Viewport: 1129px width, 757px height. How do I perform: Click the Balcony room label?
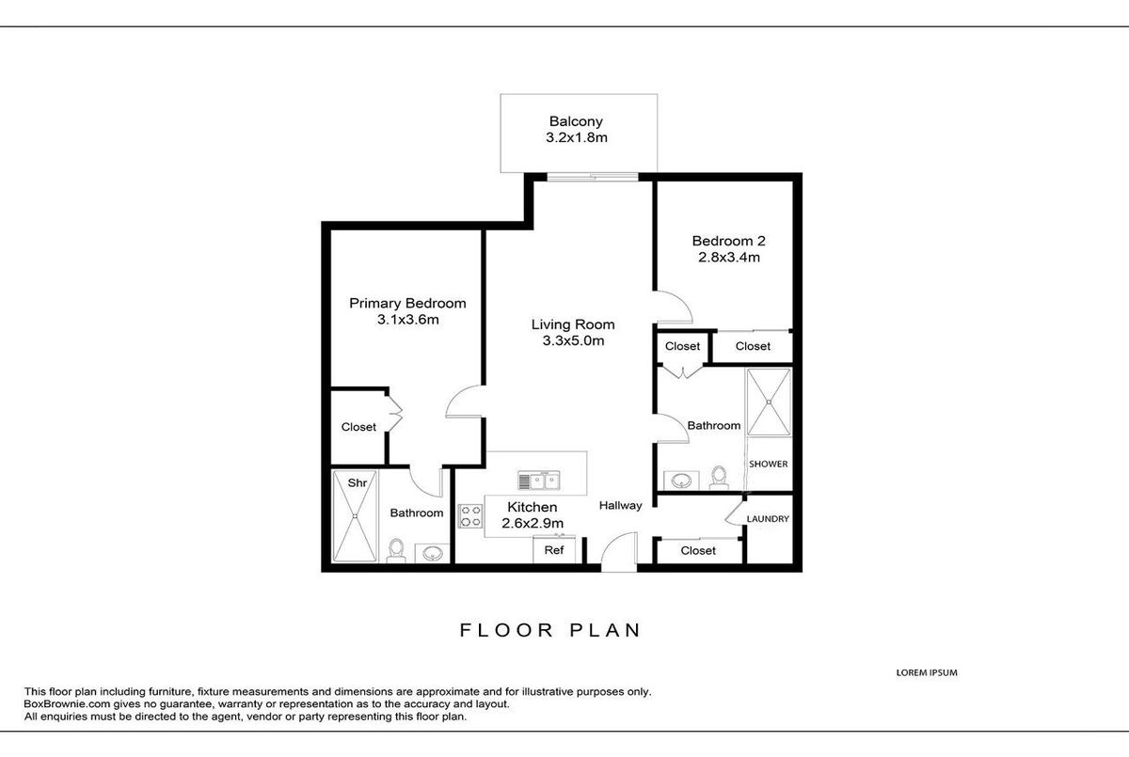[x=576, y=121]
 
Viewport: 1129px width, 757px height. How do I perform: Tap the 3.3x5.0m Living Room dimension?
[x=573, y=341]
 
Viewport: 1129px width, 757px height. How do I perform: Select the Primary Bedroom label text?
[x=407, y=303]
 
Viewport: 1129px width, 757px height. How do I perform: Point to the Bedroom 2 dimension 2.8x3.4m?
[x=729, y=258]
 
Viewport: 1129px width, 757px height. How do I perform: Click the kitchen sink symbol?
[x=539, y=481]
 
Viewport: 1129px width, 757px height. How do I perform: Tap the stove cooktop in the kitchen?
[x=470, y=516]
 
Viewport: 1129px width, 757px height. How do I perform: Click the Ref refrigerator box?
[x=554, y=549]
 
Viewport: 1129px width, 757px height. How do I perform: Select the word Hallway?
[x=620, y=505]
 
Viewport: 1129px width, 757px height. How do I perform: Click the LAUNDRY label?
[x=768, y=519]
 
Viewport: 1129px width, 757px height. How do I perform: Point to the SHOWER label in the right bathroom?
[x=768, y=464]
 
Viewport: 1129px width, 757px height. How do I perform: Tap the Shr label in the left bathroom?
[x=358, y=483]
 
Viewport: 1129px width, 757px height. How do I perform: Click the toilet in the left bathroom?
[x=396, y=551]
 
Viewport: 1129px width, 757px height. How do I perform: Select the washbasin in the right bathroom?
[x=681, y=480]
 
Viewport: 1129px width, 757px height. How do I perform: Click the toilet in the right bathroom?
[x=719, y=478]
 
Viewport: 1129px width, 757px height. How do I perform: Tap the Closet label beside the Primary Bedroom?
[x=358, y=427]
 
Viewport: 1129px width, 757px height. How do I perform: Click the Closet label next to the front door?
[x=698, y=550]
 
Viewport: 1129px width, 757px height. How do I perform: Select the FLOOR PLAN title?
[x=549, y=630]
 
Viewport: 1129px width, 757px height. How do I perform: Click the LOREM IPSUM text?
[x=927, y=672]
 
